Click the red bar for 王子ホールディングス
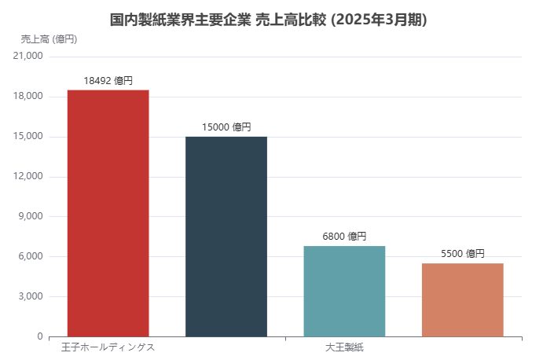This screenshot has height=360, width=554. tap(108, 213)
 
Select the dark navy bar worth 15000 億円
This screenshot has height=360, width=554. tap(226, 237)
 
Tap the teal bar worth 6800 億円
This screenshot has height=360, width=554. tap(344, 291)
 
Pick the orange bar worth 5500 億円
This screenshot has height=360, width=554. tap(462, 299)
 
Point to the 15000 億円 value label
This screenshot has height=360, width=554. tap(226, 127)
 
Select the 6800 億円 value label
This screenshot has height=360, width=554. tap(344, 236)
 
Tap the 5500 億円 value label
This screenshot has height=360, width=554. tap(462, 253)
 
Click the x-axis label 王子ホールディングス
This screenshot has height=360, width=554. tap(108, 347)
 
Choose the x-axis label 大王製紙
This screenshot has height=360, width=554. tap(344, 347)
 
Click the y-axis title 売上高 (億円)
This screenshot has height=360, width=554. tap(49, 39)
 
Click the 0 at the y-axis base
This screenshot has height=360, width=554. tap(40, 336)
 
